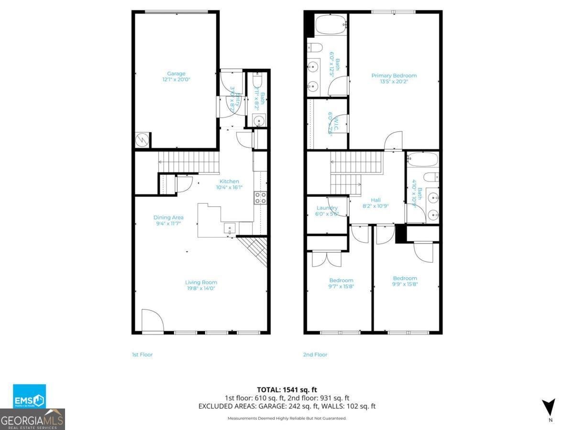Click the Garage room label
click(176, 74)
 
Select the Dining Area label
click(168, 217)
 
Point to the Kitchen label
click(229, 182)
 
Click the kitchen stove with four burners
click(260, 198)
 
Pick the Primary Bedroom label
click(394, 75)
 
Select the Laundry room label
click(327, 208)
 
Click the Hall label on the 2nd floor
click(375, 200)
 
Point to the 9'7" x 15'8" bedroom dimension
click(341, 287)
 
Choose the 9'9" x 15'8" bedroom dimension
click(405, 284)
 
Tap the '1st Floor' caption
click(142, 355)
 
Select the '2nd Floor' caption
click(315, 355)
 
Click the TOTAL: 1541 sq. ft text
click(287, 389)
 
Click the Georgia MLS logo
click(33, 419)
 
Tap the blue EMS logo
click(29, 396)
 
